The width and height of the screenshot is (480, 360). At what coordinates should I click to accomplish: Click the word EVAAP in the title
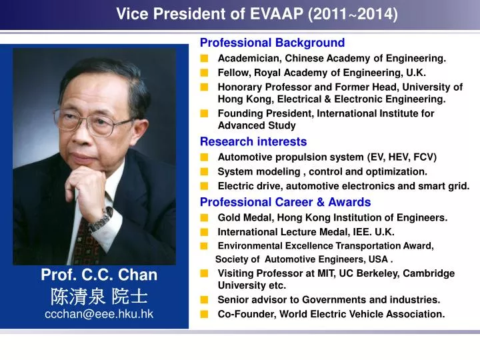click(277, 14)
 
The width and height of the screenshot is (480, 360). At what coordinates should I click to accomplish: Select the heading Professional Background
click(272, 43)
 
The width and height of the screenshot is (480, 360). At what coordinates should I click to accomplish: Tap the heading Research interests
click(253, 141)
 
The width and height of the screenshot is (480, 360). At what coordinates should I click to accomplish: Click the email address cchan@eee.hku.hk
click(99, 314)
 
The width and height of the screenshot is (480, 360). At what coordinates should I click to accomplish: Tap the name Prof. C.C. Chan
click(99, 275)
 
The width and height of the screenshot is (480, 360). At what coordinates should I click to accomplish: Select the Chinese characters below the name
click(99, 296)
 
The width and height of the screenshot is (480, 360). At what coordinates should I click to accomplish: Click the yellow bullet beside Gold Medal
click(204, 217)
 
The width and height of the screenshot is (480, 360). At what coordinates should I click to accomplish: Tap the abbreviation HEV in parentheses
click(398, 157)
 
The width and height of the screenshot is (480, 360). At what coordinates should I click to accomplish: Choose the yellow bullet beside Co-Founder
click(204, 314)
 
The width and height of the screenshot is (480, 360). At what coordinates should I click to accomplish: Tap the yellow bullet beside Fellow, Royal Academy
click(204, 73)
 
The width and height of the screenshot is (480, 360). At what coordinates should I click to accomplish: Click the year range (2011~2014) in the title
click(353, 14)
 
